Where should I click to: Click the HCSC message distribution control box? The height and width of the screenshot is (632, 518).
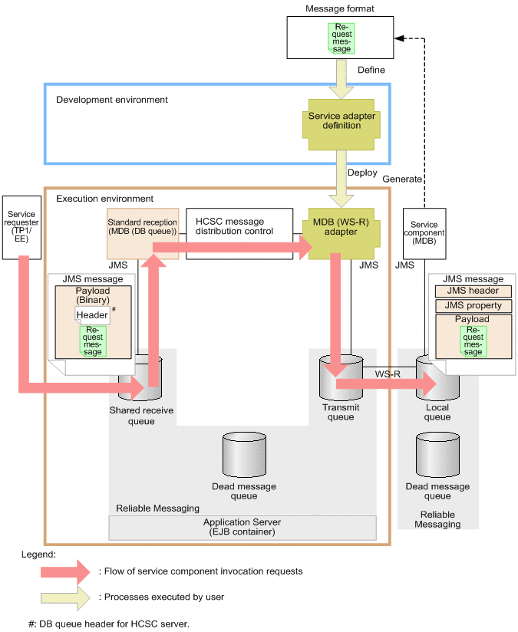(240, 223)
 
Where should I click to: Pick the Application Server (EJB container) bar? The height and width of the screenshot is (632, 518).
(243, 527)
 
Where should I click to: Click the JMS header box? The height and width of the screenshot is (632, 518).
(473, 291)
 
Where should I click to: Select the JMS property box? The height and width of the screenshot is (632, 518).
(473, 305)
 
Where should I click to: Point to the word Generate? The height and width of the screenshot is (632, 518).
(402, 179)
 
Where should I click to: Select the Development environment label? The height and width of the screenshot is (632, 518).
(112, 100)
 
